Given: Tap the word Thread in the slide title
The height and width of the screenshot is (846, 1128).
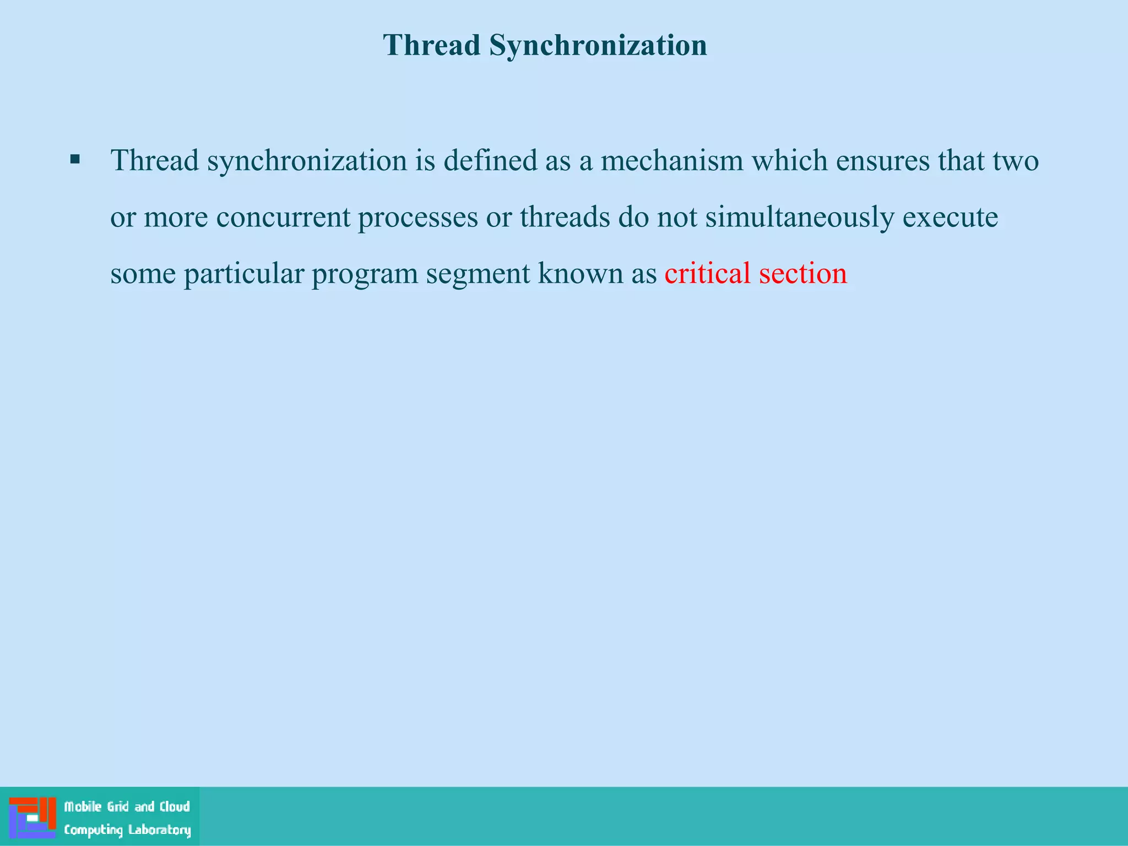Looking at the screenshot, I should point(432,45).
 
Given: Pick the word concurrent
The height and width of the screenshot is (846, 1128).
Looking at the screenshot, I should point(283,217).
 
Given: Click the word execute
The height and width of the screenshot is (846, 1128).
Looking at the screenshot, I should point(950,217).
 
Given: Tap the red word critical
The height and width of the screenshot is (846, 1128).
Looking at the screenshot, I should point(707,273).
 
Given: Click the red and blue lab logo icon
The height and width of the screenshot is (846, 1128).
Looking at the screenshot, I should point(32,817).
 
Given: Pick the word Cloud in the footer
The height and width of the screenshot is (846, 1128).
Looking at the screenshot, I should point(175,807).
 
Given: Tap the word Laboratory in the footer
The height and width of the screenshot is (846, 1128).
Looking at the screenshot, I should point(159,830).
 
